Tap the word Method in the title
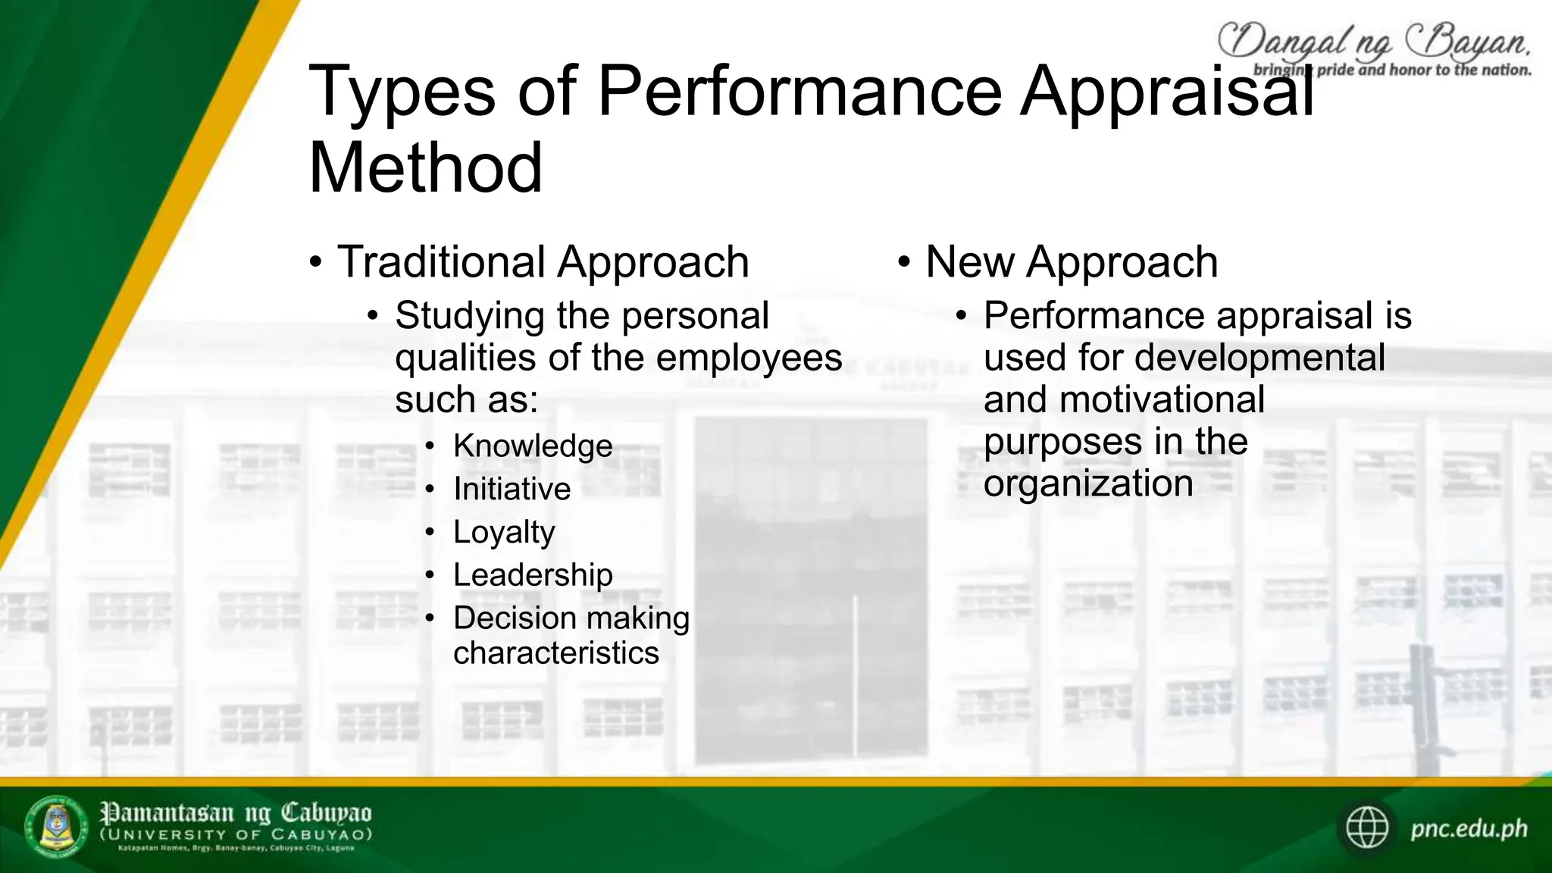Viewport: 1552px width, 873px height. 425,167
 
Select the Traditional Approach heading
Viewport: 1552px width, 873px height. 543,262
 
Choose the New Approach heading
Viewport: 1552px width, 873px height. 1071,262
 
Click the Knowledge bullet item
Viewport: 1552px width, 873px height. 533,446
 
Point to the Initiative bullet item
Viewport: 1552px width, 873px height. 512,489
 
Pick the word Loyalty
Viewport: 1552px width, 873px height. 504,532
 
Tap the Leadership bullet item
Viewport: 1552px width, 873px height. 533,575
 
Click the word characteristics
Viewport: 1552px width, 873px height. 556,653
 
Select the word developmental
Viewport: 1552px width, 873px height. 1259,358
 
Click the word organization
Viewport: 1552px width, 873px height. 1088,483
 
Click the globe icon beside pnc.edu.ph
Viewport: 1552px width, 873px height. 1366,828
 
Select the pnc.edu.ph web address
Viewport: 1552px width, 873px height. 1468,828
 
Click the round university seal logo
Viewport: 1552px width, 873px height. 57,827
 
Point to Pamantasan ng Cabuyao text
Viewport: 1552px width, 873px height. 236,813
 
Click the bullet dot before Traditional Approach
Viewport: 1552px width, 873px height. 316,263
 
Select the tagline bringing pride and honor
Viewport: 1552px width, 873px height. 1392,70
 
